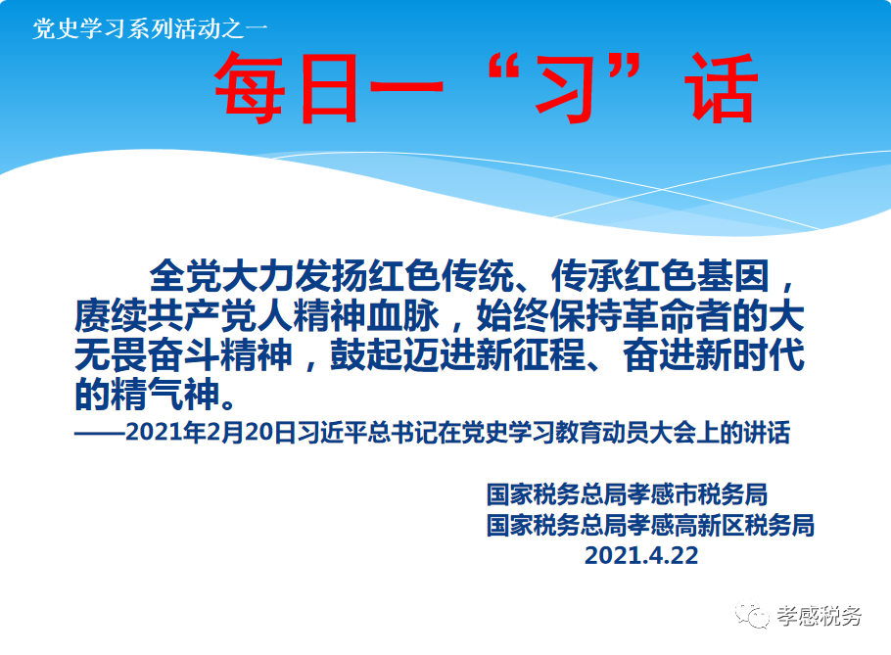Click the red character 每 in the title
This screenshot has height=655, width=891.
coord(249,88)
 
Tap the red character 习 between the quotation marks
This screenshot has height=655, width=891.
coord(565,88)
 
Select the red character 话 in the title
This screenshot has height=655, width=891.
coord(721,88)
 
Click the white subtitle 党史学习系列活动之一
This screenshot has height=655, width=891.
coord(150,28)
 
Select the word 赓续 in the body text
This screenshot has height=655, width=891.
coord(111,316)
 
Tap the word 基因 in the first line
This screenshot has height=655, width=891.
coord(732,276)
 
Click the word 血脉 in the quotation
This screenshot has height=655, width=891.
coord(402,316)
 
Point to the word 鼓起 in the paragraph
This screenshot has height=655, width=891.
coord(366,355)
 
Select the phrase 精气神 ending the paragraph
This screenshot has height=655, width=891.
coord(164,395)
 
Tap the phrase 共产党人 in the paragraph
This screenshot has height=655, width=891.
coord(220,316)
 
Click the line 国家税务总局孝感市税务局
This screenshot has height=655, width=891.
coord(627,494)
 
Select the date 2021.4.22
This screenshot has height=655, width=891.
coord(641,555)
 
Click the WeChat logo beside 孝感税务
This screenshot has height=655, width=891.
coord(752,614)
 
